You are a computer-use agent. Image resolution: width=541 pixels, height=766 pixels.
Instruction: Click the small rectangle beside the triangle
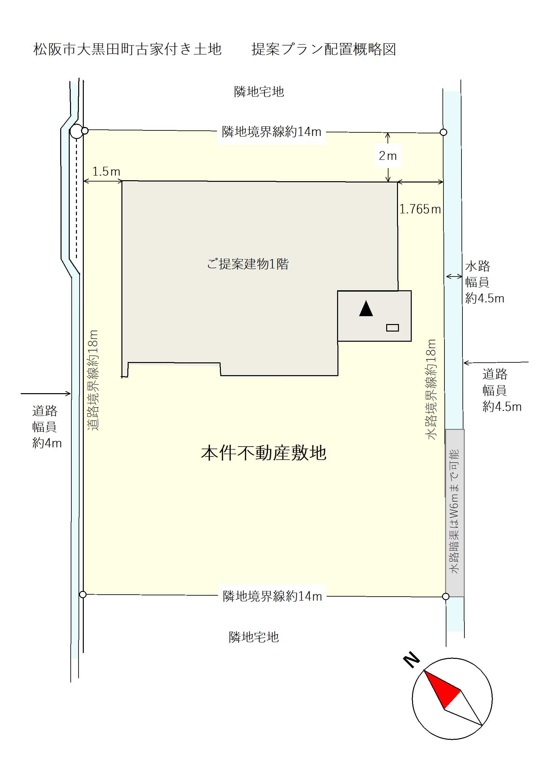coord(392,328)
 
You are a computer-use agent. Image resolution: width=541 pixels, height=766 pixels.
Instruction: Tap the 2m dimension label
coord(388,156)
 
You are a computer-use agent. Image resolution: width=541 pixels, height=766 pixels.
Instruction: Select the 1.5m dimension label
coord(106,171)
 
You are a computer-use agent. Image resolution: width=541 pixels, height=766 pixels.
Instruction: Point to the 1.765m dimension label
coord(420,209)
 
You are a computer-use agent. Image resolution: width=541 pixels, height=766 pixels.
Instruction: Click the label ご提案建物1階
coord(248,264)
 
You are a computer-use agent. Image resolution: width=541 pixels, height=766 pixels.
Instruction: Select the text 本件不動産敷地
coord(264,453)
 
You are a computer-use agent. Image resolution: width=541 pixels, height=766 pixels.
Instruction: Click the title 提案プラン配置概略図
coord(324,49)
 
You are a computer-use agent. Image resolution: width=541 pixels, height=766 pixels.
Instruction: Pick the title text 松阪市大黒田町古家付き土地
coord(127,49)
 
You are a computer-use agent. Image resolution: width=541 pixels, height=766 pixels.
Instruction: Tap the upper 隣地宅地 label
coord(259,92)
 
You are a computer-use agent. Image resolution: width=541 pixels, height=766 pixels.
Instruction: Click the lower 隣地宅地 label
coord(254,637)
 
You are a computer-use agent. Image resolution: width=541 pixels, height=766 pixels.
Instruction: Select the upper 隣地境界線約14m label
coord(272,132)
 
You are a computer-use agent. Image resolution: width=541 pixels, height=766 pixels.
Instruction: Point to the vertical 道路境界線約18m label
coord(93,380)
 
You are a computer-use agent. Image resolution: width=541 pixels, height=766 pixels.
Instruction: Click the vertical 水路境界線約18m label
coord(431,389)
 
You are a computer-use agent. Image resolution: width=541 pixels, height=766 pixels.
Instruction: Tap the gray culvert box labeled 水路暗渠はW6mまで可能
coord(455,513)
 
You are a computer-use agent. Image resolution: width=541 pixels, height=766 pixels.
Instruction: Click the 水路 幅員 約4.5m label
coord(484,282)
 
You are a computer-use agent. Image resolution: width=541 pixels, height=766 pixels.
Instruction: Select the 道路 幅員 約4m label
coord(47,427)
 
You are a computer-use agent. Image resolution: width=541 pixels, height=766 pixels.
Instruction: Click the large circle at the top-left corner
coord(76,131)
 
